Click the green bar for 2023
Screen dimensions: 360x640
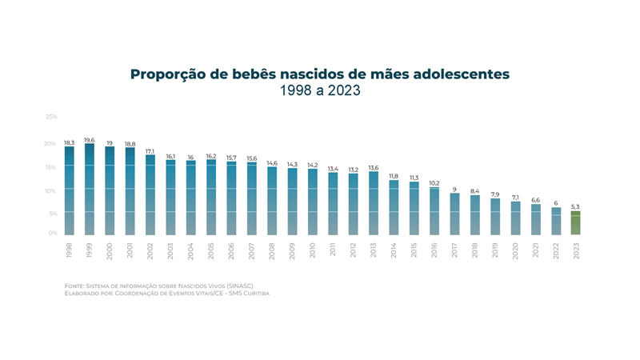click(575, 222)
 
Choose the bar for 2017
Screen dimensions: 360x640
click(454, 214)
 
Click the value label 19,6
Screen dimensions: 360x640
click(90, 140)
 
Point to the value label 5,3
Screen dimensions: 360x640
click(575, 207)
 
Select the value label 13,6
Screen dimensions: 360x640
click(373, 167)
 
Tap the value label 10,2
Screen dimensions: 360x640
click(434, 183)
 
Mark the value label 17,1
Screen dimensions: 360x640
click(150, 150)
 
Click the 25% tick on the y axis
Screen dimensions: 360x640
click(51, 117)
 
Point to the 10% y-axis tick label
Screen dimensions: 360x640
click(51, 190)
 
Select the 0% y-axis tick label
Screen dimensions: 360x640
click(53, 233)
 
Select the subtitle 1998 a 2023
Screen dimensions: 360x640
click(320, 91)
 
